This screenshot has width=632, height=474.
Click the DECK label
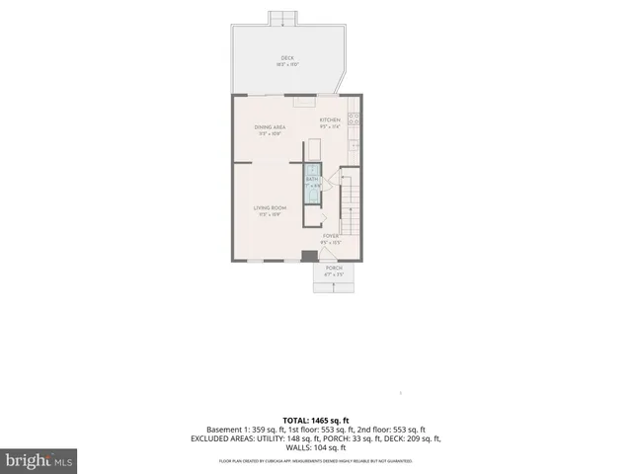287,58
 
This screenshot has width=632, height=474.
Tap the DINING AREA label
270,127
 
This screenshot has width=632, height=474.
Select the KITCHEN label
329,120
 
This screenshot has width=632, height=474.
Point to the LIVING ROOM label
270,207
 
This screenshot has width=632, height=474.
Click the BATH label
312,179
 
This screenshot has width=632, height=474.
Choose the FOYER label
331,236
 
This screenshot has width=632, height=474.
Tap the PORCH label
334,268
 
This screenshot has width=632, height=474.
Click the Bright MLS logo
39,460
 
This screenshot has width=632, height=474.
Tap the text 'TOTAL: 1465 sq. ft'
316,419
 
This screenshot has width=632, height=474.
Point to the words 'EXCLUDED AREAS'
227,439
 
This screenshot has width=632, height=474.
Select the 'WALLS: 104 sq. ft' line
316,449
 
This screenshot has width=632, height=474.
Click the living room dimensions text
270,214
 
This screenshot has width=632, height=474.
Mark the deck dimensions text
287,65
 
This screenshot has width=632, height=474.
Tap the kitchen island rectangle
313,149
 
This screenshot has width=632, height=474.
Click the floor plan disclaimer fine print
316,461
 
